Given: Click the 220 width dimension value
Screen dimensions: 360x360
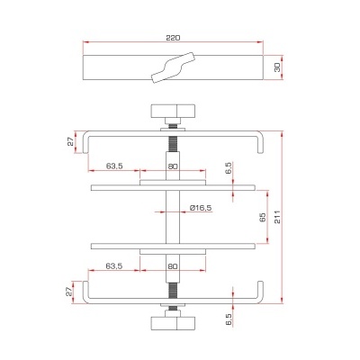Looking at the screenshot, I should [x=174, y=38].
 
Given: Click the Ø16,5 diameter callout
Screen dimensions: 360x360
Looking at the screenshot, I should [x=200, y=209].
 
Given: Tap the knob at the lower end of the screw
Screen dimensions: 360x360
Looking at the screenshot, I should [x=173, y=321].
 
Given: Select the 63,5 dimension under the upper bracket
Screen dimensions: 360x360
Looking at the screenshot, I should [x=114, y=166].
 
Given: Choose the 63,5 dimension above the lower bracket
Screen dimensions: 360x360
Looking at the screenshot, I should [x=114, y=266].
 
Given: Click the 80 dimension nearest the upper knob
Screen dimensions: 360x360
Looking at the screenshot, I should [x=174, y=166].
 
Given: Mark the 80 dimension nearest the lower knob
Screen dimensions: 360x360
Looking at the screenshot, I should [x=174, y=266].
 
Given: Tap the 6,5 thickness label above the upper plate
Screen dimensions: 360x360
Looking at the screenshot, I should [x=229, y=167].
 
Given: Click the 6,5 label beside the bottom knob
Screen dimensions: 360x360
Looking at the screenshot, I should [x=229, y=317].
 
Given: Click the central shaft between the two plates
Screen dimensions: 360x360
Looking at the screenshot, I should [x=173, y=217].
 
